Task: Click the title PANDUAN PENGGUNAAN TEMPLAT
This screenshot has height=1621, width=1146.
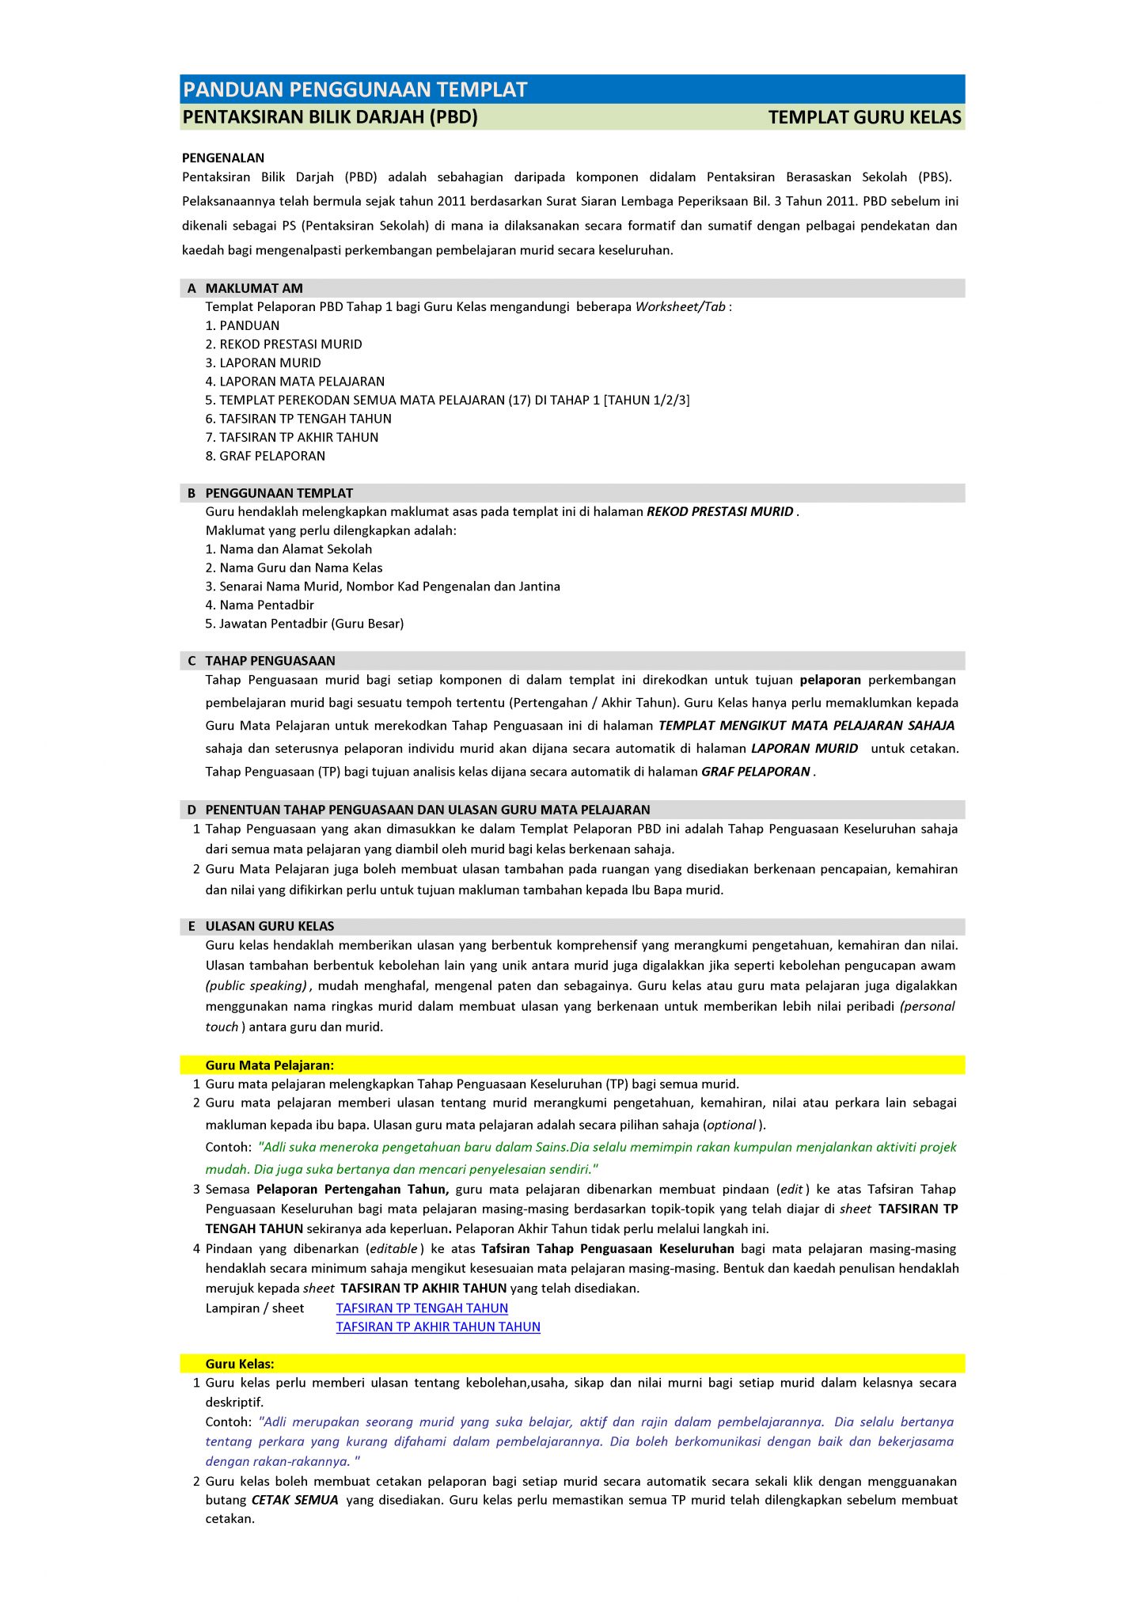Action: [355, 89]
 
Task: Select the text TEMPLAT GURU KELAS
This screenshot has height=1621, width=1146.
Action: [864, 118]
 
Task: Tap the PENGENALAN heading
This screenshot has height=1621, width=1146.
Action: [223, 158]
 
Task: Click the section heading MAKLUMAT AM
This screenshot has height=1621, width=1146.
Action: [254, 289]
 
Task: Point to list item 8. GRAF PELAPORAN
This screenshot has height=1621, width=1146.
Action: [265, 456]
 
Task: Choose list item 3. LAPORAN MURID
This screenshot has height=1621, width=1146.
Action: [263, 363]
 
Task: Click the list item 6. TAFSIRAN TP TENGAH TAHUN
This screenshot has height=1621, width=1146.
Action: [298, 419]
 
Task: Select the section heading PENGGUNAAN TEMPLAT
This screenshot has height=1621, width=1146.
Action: [279, 493]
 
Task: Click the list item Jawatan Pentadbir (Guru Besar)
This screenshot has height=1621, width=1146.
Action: [305, 624]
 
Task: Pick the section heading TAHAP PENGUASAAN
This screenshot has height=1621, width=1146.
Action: [270, 661]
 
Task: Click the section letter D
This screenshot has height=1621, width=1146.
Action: [192, 810]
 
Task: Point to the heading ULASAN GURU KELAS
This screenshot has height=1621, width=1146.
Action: [269, 926]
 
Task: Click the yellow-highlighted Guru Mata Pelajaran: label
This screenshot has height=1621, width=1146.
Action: [269, 1065]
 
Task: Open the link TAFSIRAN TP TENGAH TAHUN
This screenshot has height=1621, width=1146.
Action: [422, 1308]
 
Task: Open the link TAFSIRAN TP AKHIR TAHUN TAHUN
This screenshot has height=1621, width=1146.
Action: [438, 1327]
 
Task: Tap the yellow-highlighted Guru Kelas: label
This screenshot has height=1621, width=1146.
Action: [240, 1364]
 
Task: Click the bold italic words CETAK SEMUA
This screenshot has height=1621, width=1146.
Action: [294, 1500]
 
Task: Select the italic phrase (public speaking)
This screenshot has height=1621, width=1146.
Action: [256, 986]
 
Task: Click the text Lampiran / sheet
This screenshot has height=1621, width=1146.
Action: [255, 1308]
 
